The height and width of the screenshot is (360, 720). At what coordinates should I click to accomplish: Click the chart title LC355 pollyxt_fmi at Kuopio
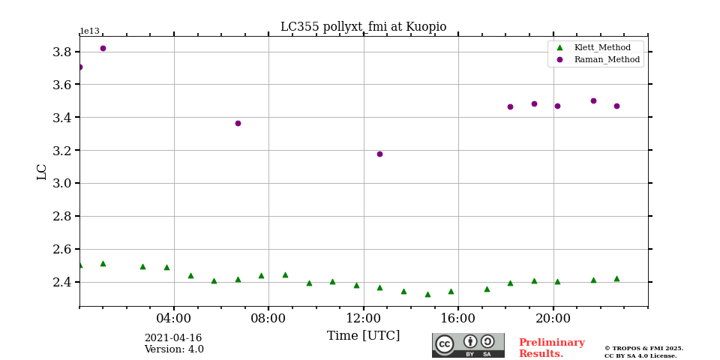(x=363, y=27)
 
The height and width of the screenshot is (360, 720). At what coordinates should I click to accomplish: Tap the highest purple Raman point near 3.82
(x=103, y=48)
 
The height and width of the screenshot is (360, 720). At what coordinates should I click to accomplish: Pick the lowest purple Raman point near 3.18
(x=379, y=154)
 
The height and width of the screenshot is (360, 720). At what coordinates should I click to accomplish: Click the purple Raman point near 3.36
(x=238, y=123)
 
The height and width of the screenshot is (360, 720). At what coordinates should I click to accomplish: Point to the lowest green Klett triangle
(x=427, y=294)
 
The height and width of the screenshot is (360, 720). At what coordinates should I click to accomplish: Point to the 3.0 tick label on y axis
(x=61, y=183)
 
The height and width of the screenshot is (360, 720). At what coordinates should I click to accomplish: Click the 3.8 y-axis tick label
(x=61, y=52)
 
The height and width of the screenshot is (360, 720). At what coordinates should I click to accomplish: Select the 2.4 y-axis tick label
(x=61, y=282)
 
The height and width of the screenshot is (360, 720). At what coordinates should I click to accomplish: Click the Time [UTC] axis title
(x=363, y=336)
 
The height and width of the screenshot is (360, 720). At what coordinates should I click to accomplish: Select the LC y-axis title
(x=42, y=172)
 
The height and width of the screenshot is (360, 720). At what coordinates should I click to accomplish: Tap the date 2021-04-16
(x=173, y=338)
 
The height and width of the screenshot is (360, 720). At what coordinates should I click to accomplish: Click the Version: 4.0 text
(x=174, y=349)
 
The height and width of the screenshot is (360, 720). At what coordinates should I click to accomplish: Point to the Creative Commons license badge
(x=468, y=345)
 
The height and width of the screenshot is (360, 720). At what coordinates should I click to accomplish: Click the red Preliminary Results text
(x=551, y=348)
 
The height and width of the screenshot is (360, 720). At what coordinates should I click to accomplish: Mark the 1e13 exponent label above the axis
(x=89, y=31)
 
